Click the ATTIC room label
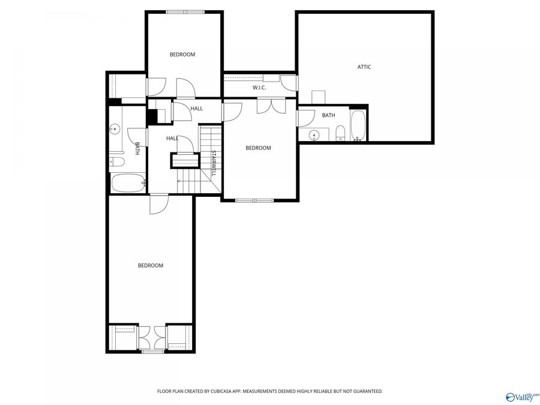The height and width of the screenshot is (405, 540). [x=364, y=67]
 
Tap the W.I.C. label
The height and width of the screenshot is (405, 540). [x=259, y=88]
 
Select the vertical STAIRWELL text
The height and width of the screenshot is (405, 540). [x=212, y=163]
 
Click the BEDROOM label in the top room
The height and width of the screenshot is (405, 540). [x=182, y=55]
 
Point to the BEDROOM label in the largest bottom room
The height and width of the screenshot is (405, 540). [x=151, y=265]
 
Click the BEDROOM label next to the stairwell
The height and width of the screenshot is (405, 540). [x=259, y=148]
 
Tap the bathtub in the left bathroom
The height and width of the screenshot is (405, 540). [x=127, y=182]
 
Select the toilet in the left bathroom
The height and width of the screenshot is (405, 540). [x=116, y=162]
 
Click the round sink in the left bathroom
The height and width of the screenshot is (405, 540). [x=114, y=128]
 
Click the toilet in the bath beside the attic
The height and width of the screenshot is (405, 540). [x=340, y=133]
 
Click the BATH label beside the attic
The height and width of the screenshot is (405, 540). [x=328, y=115]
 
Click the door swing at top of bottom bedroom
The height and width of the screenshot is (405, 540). [x=158, y=205]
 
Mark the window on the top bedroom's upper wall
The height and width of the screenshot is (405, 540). [x=185, y=11]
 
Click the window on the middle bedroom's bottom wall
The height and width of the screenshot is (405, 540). [x=254, y=200]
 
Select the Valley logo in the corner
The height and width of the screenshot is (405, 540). [x=523, y=397]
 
